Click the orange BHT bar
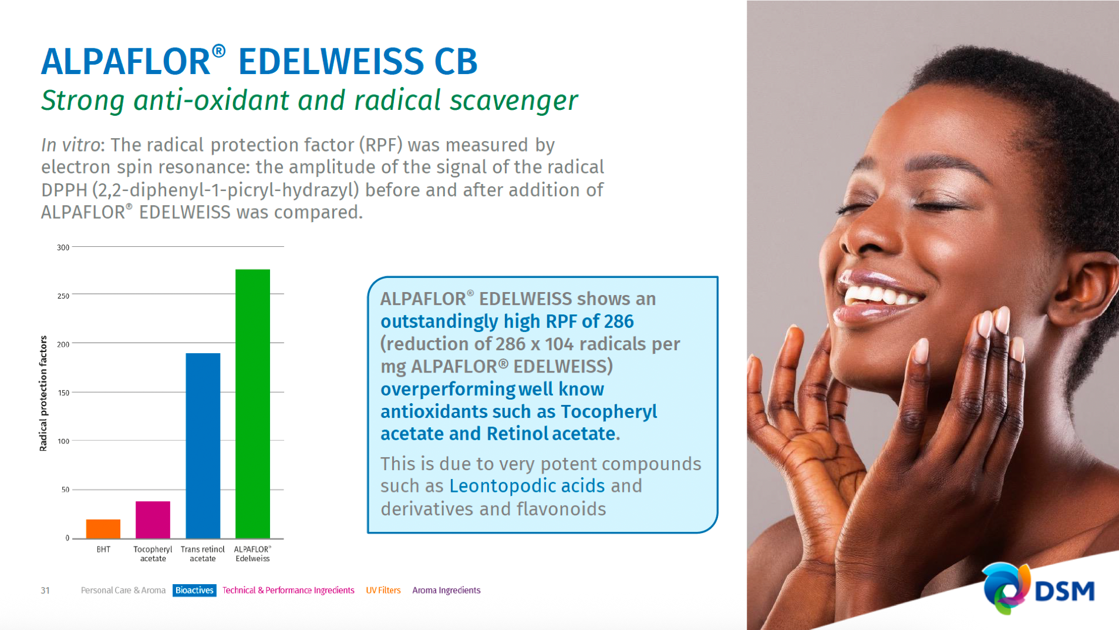tap(103, 528)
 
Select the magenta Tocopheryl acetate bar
tap(153, 520)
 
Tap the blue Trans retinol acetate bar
tap(203, 445)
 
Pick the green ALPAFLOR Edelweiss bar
tap(252, 404)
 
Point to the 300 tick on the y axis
tap(63, 247)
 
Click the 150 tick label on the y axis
tap(63, 393)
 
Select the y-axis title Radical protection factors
tap(43, 393)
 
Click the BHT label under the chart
tap(103, 549)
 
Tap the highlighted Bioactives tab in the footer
tap(194, 590)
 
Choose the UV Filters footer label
tap(383, 590)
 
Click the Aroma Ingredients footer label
tap(446, 590)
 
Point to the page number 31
tap(45, 590)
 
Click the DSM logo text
tap(1064, 591)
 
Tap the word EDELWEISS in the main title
tap(331, 61)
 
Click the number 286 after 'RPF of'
tap(619, 321)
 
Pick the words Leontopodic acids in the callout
tap(527, 486)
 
